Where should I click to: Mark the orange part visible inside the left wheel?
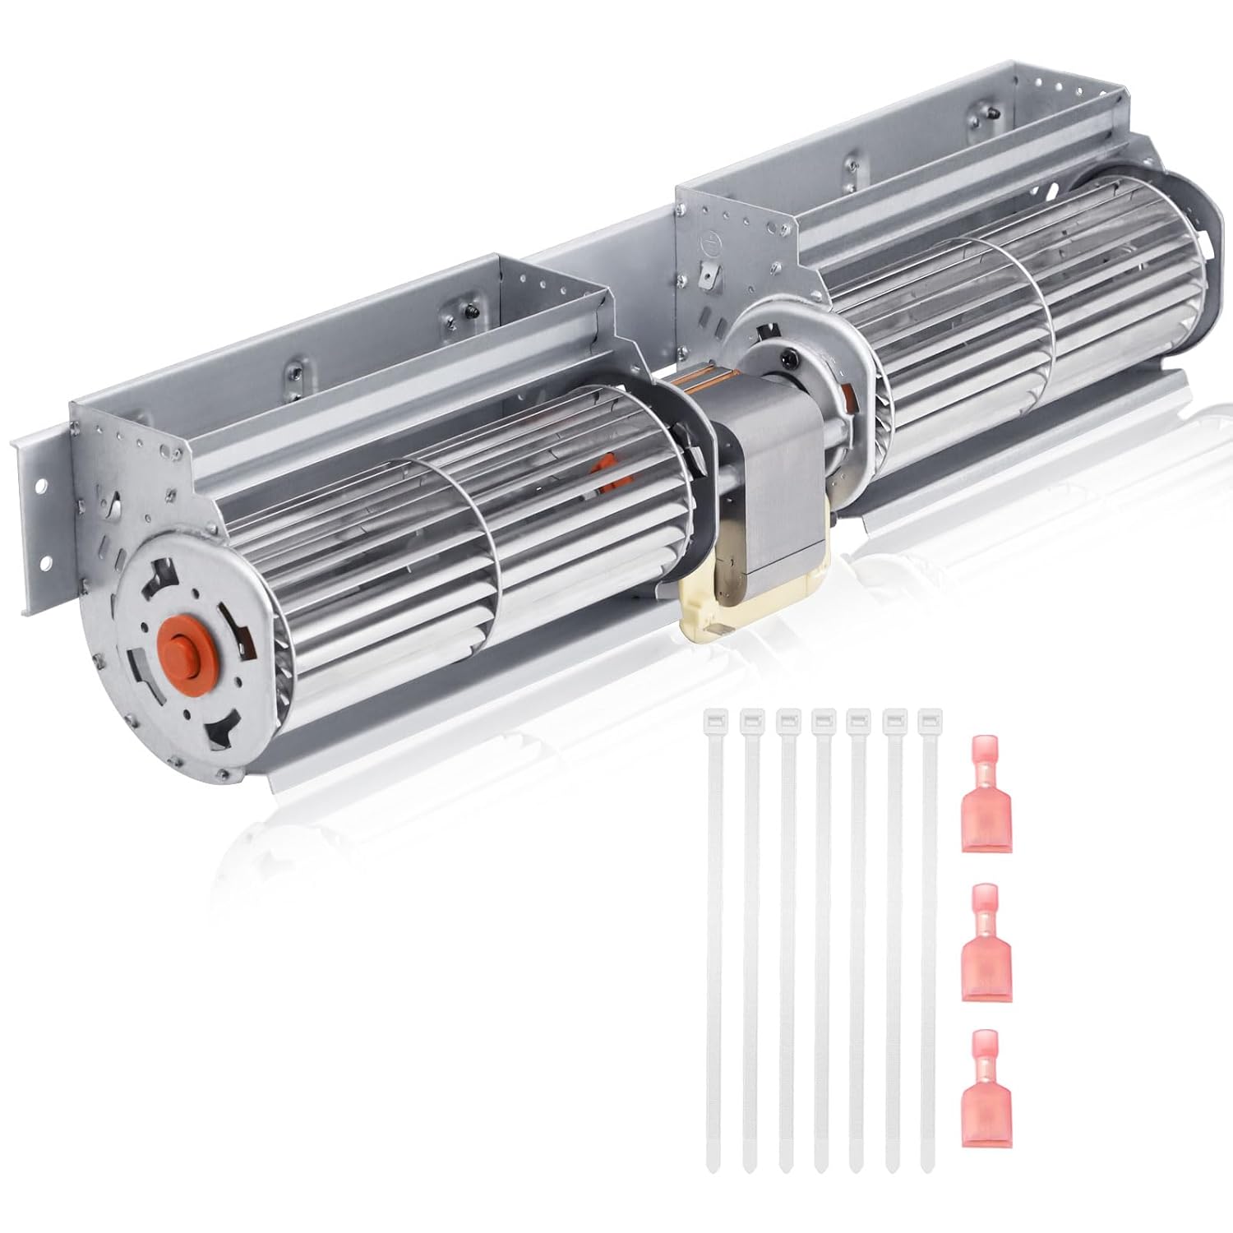click(609, 473)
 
